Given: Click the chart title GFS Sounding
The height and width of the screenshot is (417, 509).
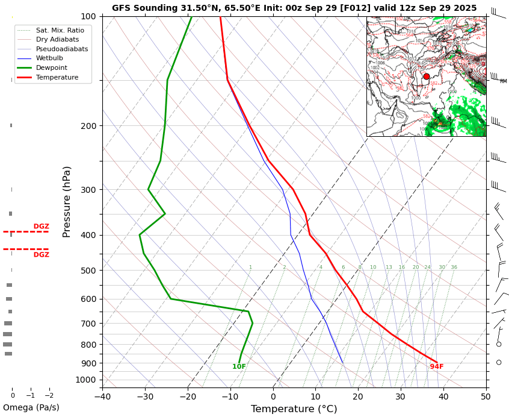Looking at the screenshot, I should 294,8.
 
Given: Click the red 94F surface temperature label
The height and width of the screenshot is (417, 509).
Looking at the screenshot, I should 436,366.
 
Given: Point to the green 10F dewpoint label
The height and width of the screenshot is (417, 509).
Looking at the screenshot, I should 239,366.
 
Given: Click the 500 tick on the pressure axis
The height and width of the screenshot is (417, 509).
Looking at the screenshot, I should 88,271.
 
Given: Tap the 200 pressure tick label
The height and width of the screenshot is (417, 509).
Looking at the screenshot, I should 88,126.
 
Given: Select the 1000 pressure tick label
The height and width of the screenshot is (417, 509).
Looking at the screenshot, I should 86,380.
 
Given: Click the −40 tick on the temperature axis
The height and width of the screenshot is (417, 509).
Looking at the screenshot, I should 102,396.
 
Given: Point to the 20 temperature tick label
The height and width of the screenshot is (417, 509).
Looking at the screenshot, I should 358,396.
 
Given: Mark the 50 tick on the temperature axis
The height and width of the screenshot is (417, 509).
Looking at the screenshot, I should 486,396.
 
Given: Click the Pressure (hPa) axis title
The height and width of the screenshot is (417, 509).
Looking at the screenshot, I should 67,201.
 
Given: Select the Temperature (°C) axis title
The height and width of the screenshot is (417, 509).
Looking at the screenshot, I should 294,409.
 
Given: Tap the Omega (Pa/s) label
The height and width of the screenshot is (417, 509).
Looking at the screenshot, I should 31,407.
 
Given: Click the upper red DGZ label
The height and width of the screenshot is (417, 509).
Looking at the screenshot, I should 41,227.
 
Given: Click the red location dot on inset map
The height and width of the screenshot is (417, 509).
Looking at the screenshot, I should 427,77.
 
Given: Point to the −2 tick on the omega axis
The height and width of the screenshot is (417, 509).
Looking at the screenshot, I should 49,396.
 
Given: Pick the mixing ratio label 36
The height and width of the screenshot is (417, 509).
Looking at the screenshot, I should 454,268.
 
